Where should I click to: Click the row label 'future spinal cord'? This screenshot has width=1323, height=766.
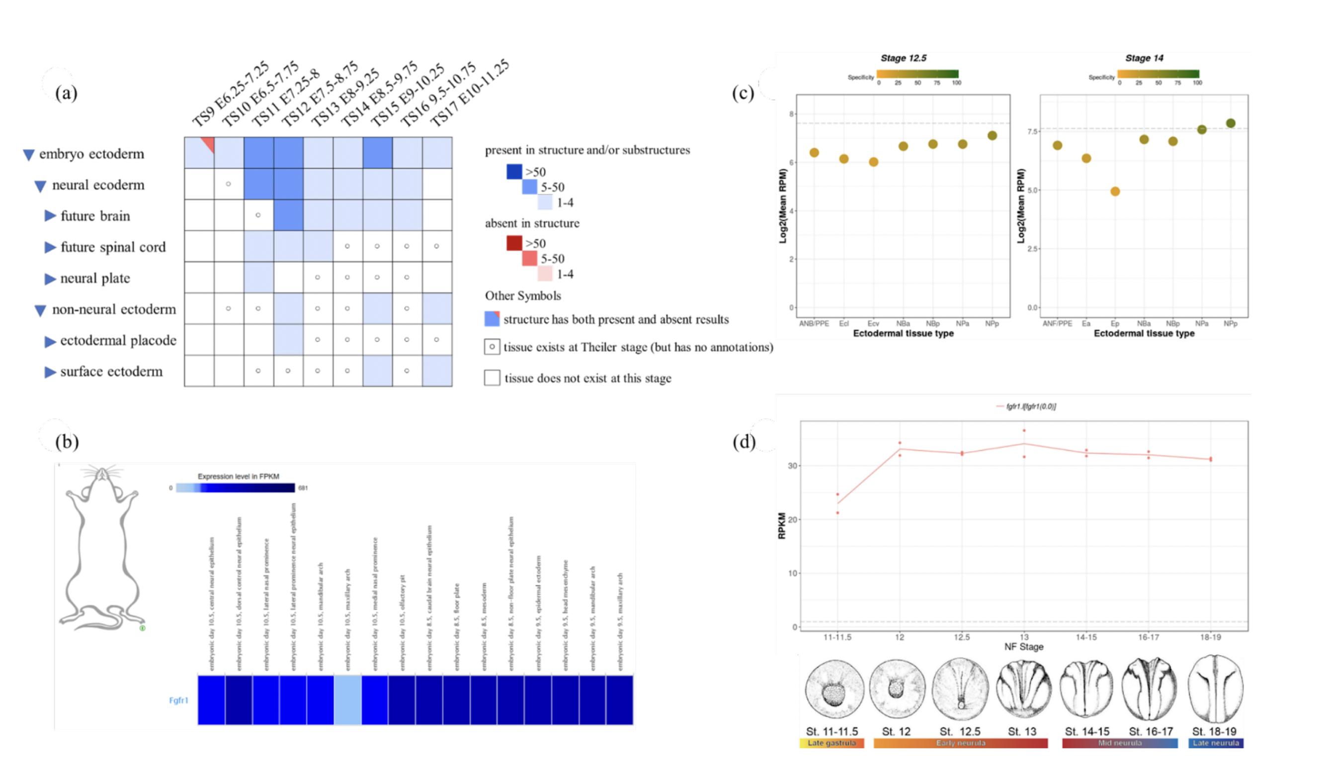[x=113, y=247]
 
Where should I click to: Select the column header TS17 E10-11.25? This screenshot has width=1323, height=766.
[x=470, y=93]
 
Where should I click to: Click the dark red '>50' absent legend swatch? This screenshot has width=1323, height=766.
[x=514, y=243]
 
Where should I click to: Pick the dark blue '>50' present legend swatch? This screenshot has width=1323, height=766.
[x=514, y=171]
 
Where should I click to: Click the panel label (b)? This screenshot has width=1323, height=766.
[x=67, y=441]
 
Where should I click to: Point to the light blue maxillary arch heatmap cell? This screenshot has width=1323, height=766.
[x=347, y=700]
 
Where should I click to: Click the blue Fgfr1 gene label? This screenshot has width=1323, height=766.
[x=178, y=700]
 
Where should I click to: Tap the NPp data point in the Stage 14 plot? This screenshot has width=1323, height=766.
[x=1231, y=123]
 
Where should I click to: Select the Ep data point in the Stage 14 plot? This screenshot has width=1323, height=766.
[x=1115, y=191]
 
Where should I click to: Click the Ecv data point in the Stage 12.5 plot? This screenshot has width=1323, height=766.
[x=874, y=162]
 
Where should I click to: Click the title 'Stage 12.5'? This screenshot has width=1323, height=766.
[x=903, y=58]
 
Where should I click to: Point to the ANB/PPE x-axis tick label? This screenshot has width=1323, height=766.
[x=814, y=324]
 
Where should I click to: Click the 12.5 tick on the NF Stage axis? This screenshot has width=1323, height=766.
[x=962, y=637]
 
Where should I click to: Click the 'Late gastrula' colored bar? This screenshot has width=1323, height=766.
[x=831, y=743]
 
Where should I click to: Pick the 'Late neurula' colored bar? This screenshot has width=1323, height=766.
[x=1216, y=743]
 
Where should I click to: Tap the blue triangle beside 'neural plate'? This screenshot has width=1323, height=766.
[x=50, y=279]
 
